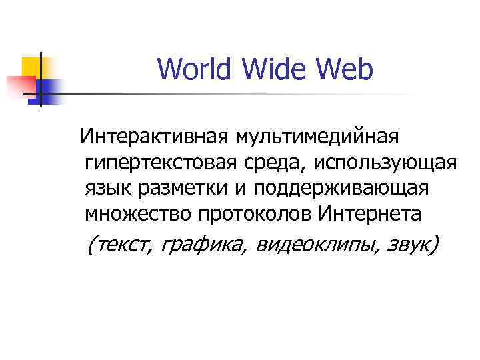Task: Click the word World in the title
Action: point(192,69)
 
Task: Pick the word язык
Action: point(107,189)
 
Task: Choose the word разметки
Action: point(181,189)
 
